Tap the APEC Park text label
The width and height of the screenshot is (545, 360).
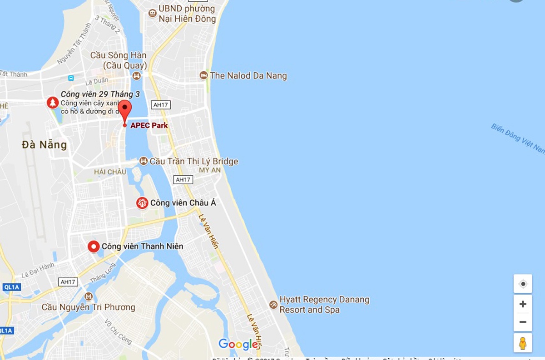tap(149, 125)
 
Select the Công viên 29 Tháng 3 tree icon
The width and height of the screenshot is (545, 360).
tap(53, 103)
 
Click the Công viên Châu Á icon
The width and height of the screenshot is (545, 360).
tap(142, 203)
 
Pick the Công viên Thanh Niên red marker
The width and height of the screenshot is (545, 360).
tap(94, 247)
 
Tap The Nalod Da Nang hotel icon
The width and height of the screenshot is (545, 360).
tap(204, 75)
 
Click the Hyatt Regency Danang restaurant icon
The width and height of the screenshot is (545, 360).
tap(273, 305)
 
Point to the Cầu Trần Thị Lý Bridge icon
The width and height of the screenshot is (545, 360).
tap(144, 161)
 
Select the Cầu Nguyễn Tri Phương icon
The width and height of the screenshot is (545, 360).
tap(89, 296)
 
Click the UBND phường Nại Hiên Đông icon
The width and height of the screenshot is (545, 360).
tap(152, 14)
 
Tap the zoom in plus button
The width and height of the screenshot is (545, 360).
tap(523, 304)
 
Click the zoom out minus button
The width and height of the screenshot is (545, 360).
tap(523, 322)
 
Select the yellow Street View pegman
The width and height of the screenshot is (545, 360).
tap(523, 343)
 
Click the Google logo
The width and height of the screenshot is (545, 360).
tap(238, 344)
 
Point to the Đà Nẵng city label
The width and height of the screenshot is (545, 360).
tap(45, 145)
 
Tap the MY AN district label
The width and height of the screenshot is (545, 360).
tap(210, 170)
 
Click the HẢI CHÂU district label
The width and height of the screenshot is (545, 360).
tap(110, 172)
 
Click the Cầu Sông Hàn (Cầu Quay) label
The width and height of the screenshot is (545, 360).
tap(118, 60)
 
